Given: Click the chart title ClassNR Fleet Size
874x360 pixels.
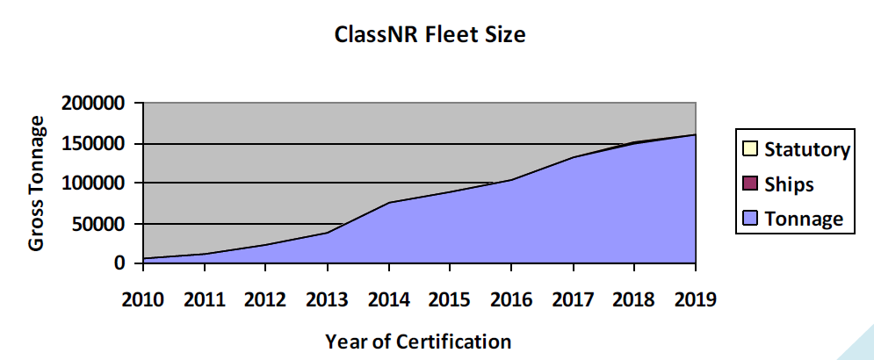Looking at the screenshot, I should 430,36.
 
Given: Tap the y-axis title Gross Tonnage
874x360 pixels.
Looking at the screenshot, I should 37,184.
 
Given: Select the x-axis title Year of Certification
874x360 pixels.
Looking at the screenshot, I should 417,341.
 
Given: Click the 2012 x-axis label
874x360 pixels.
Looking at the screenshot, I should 266,299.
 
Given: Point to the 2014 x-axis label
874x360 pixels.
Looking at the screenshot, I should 389,299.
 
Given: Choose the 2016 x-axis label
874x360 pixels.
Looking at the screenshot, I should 511,299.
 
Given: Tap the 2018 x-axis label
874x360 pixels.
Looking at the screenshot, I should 634,299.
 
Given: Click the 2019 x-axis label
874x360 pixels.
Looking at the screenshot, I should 695,299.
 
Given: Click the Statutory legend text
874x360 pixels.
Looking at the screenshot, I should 806,149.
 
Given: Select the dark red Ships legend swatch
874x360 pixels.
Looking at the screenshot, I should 750,184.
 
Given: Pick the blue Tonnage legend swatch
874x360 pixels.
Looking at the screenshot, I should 750,220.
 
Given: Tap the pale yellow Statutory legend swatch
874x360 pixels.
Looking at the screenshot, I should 750,149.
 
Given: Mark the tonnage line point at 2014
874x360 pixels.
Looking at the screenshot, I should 389,203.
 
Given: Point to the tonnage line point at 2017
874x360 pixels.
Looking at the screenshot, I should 573,158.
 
